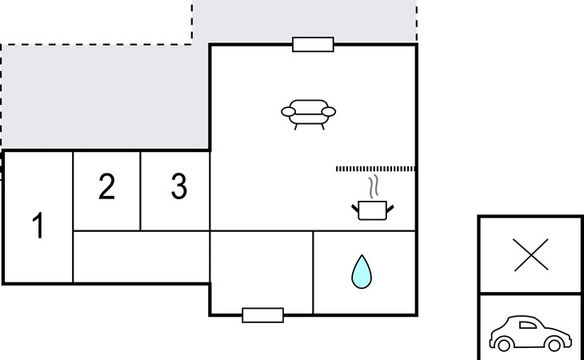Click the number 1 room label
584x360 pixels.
pyautogui.click(x=38, y=226)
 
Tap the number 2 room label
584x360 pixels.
pyautogui.click(x=106, y=186)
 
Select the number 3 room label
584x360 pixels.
pyautogui.click(x=178, y=186)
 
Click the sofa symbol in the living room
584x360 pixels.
pyautogui.click(x=308, y=114)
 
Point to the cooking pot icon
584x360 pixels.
pyautogui.click(x=373, y=210)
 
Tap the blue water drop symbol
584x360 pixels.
pyautogui.click(x=362, y=272)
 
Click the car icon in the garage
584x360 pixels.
pyautogui.click(x=530, y=334)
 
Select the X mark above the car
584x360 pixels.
pyautogui.click(x=531, y=254)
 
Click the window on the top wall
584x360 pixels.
pyautogui.click(x=313, y=44)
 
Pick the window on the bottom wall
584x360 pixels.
pyautogui.click(x=263, y=315)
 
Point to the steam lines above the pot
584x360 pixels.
pyautogui.click(x=374, y=186)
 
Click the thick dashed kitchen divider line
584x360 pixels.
pyautogui.click(x=375, y=169)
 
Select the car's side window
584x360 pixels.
pyautogui.click(x=528, y=325)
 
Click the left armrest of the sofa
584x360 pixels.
pyautogui.click(x=289, y=111)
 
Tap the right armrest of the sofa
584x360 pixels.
pyautogui.click(x=329, y=112)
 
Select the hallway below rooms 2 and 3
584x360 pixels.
pyautogui.click(x=142, y=257)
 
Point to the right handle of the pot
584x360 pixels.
pyautogui.click(x=390, y=209)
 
